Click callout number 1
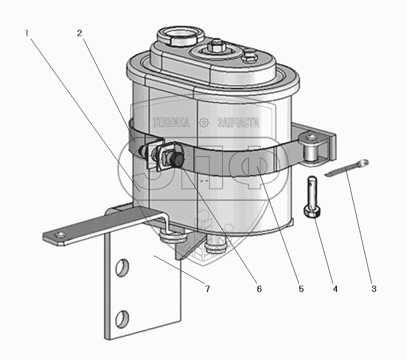pyautogui.click(x=27, y=33)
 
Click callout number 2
pyautogui.click(x=80, y=33)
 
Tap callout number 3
pyautogui.click(x=374, y=289)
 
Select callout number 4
pyautogui.click(x=335, y=289)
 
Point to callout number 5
pyautogui.click(x=301, y=289)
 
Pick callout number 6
pyautogui.click(x=259, y=289)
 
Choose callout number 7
pyautogui.click(x=207, y=289)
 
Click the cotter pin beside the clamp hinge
pyautogui.click(x=347, y=168)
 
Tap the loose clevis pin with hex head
pyautogui.click(x=312, y=197)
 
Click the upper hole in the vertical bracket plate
pyautogui.click(x=122, y=268)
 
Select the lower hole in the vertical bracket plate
pyautogui.click(x=122, y=319)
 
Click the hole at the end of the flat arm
pyautogui.click(x=60, y=236)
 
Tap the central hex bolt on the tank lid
pyautogui.click(x=215, y=46)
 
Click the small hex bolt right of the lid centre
pyautogui.click(x=250, y=57)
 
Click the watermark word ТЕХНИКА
pyautogui.click(x=171, y=123)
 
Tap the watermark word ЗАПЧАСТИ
pyautogui.click(x=238, y=123)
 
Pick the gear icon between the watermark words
pyautogui.click(x=204, y=123)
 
